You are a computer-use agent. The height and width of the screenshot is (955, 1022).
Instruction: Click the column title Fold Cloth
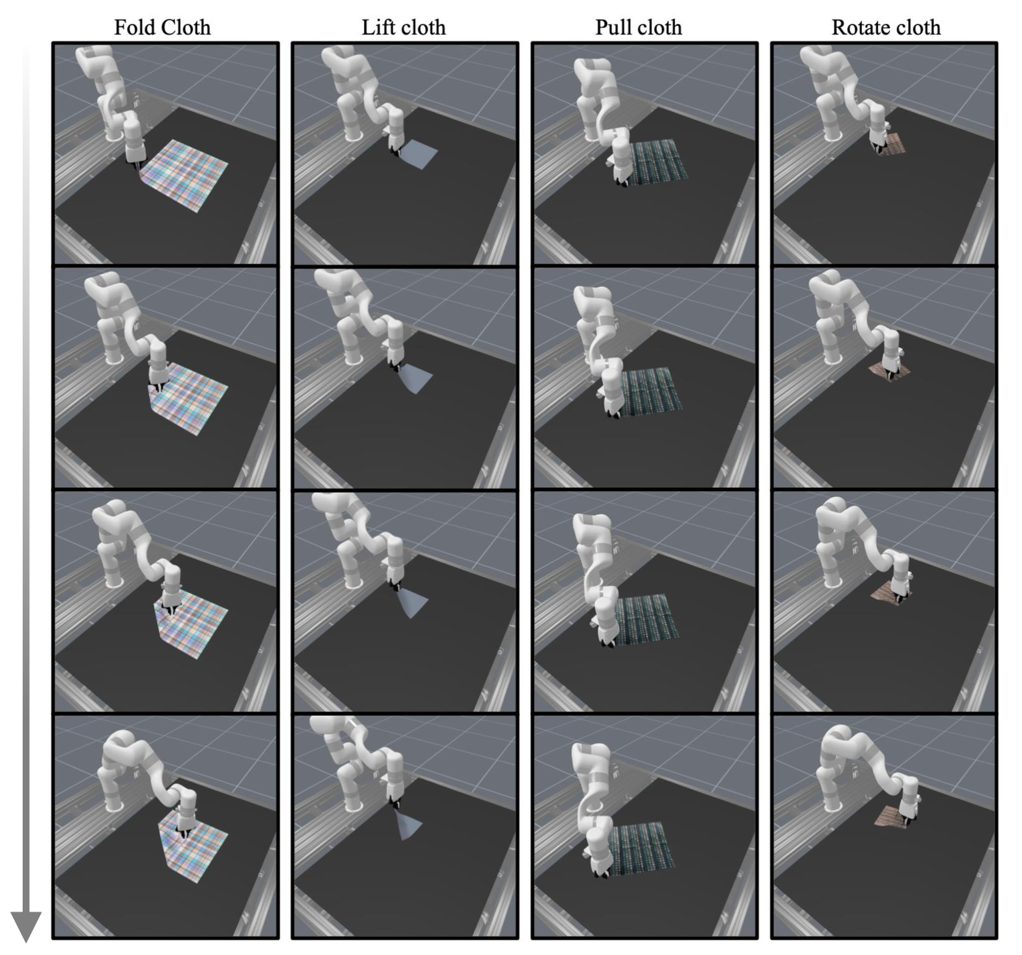pos(162,27)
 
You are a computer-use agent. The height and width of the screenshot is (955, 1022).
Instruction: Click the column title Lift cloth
pos(403,27)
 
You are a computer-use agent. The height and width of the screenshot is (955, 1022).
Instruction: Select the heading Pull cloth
pos(639,27)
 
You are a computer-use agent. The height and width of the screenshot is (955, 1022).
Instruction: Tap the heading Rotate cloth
pos(886,27)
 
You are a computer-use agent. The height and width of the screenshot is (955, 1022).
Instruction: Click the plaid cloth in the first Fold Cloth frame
pos(184,174)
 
